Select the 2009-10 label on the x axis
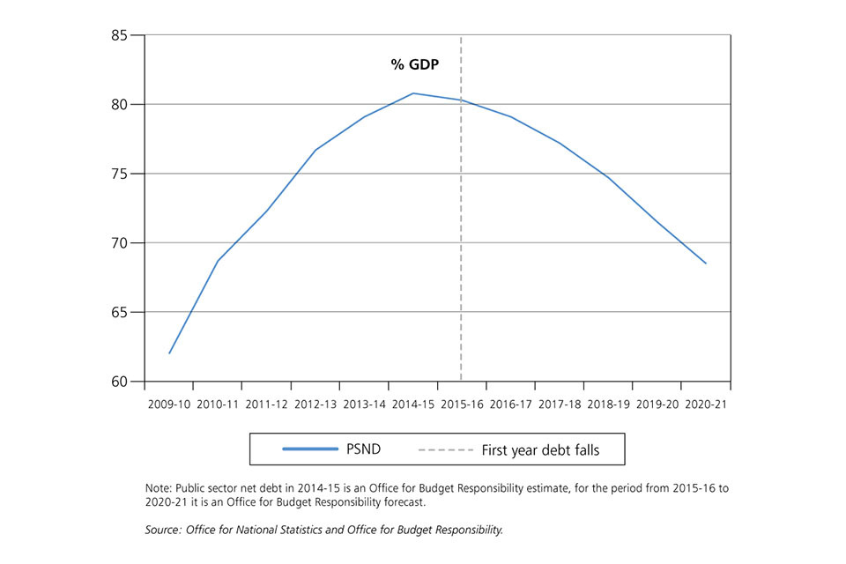point(168,404)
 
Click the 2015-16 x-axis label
point(462,404)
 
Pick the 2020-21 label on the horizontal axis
point(705,404)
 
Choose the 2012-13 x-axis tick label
point(315,404)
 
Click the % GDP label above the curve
point(414,64)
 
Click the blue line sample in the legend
point(309,449)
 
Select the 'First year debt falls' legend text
point(540,449)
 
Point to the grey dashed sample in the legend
point(445,449)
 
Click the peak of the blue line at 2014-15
point(413,93)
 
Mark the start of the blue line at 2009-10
point(169,353)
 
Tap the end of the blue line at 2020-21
point(706,263)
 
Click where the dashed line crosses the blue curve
point(461,100)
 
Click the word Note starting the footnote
point(158,487)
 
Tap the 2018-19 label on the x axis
point(608,404)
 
